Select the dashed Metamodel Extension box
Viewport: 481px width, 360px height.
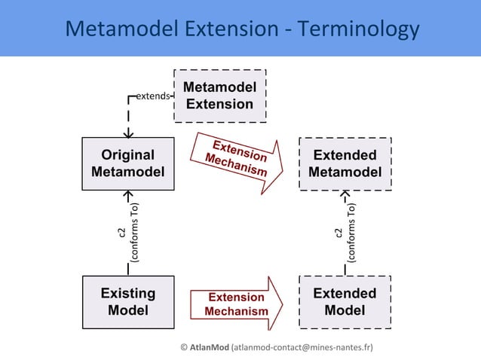tap(219, 96)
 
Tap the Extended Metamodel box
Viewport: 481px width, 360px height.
tap(345, 163)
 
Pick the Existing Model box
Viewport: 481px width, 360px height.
tap(127, 302)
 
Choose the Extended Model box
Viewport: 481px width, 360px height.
tap(345, 302)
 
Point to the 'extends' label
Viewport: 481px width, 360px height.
tap(152, 96)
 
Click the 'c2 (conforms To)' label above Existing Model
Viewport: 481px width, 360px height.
tap(127, 233)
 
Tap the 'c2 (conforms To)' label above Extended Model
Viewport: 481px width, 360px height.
tap(345, 233)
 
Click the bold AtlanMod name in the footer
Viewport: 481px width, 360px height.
tap(209, 347)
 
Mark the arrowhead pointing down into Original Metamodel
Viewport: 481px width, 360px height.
tap(129, 133)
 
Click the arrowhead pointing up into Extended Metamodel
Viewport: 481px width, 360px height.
tap(345, 195)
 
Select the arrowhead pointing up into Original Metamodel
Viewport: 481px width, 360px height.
tap(128, 195)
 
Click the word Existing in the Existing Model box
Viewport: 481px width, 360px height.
tap(127, 294)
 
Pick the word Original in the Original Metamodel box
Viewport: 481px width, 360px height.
tap(127, 155)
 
